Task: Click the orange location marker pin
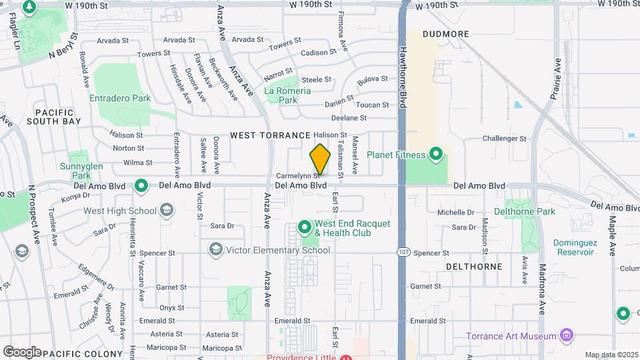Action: pos(320,159)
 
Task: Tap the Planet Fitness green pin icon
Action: pos(436,155)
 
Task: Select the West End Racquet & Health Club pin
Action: pos(305,228)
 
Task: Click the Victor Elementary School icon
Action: pos(215,251)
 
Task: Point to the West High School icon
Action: pos(165,211)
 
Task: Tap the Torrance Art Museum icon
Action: pos(566,335)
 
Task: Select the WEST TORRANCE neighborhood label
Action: pos(271,135)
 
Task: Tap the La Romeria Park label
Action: pos(287,95)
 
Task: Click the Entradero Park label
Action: pos(120,98)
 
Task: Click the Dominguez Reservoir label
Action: pos(573,247)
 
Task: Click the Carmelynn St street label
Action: pos(295,176)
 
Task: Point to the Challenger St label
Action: pos(504,139)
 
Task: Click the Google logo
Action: pos(22,351)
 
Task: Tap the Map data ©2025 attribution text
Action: pos(611,355)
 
